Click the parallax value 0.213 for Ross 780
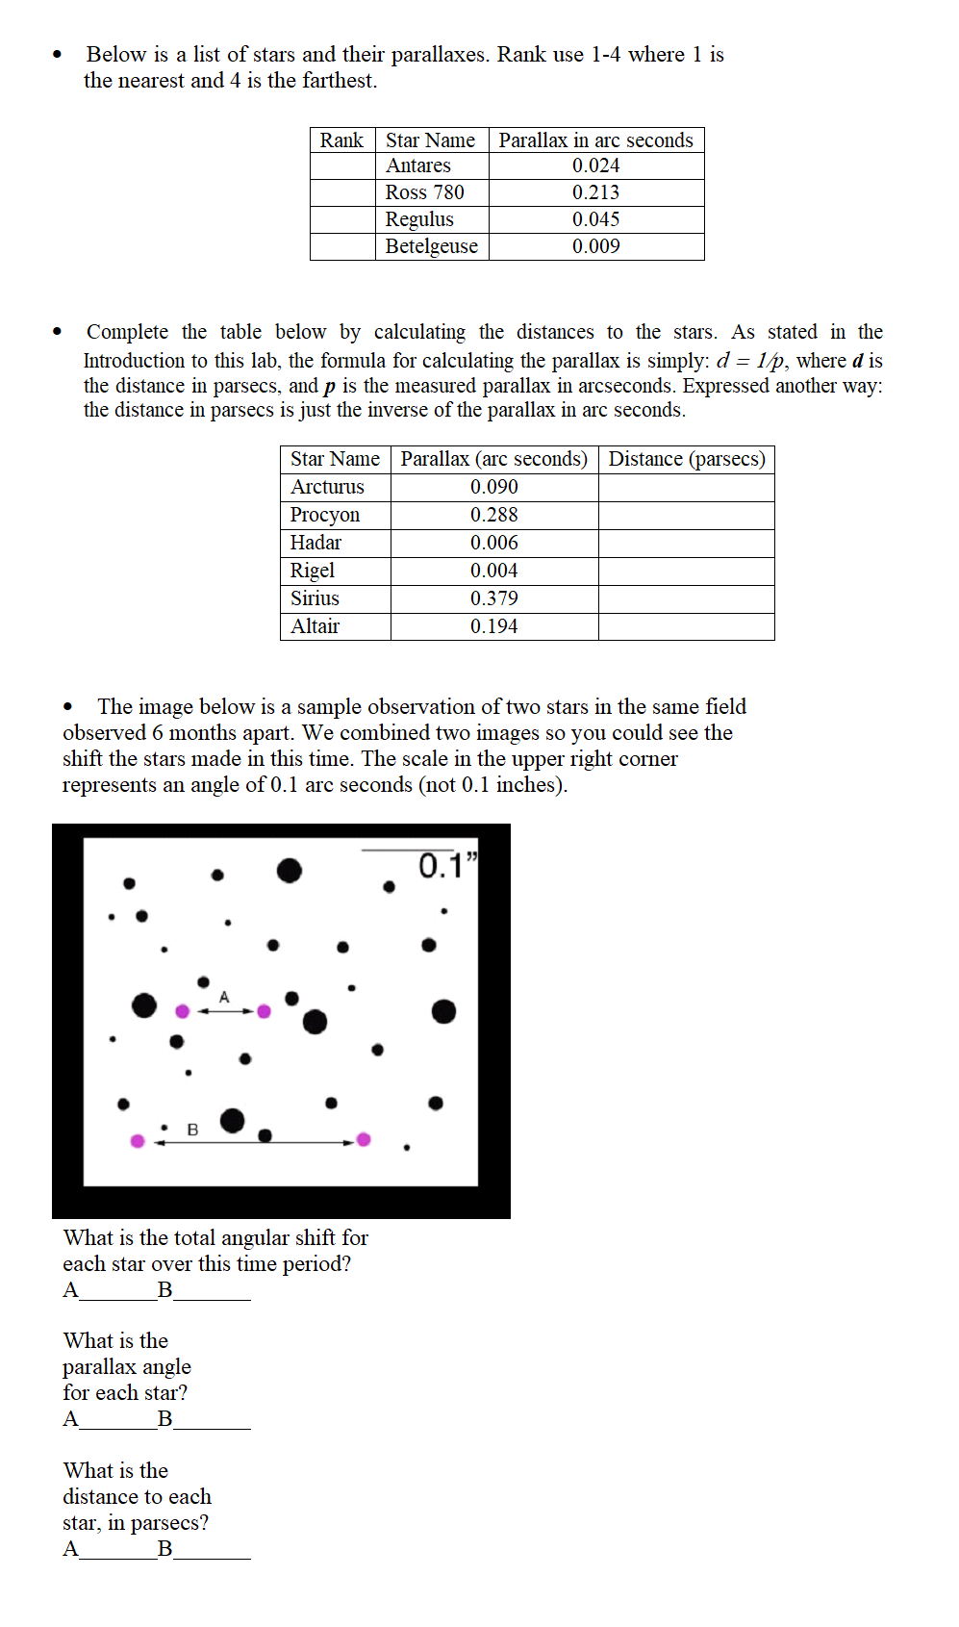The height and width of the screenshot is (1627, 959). [x=595, y=192]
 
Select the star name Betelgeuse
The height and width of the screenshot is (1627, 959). [x=431, y=246]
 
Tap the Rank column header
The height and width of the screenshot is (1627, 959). [x=341, y=140]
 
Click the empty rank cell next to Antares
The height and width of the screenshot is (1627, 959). [x=341, y=166]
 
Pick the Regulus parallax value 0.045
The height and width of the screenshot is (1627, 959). [x=595, y=219]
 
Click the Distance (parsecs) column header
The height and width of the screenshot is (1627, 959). [x=686, y=459]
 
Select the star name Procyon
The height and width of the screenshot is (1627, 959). [x=324, y=515]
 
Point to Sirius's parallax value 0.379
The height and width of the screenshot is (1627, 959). [x=493, y=598]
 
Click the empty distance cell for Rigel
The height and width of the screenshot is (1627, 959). [x=686, y=571]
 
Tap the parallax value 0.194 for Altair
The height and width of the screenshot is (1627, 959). [x=493, y=626]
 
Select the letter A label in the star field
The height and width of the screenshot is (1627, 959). [x=224, y=997]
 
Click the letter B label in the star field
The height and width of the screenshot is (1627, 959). [x=192, y=1130]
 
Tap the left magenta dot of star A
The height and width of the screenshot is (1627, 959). [x=182, y=1011]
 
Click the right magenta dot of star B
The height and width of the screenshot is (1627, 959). [x=364, y=1139]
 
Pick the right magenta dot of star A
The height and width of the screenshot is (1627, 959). [x=264, y=1011]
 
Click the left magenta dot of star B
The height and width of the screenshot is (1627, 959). [x=138, y=1141]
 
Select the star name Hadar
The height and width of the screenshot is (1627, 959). [x=315, y=543]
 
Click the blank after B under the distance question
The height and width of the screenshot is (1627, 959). [x=212, y=1549]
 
